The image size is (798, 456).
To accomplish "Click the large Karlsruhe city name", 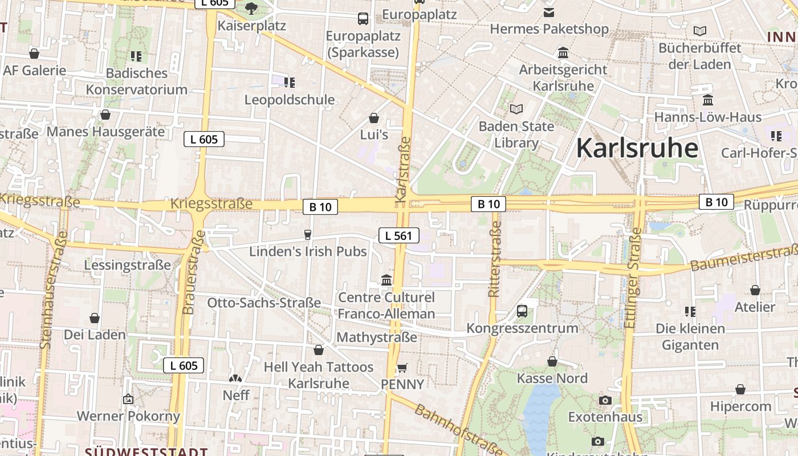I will [637, 148].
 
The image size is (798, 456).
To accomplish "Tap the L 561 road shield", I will [399, 235].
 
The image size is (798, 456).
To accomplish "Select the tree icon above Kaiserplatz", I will [251, 9].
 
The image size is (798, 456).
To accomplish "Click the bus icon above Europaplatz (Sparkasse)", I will [363, 19].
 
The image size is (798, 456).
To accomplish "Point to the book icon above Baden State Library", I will [516, 109].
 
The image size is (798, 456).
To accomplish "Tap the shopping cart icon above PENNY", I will [402, 368].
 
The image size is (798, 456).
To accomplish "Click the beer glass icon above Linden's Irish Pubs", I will [308, 234].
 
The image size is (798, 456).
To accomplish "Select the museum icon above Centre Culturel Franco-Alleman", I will [386, 280].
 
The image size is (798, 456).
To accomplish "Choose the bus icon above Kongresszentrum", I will [522, 311].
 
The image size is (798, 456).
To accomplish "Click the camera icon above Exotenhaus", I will [605, 400].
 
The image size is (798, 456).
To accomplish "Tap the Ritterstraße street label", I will [494, 259].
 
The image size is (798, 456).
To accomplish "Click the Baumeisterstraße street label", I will [744, 258].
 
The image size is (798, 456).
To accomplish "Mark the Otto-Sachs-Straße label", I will [264, 303].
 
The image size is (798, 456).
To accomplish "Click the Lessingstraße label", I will [127, 265].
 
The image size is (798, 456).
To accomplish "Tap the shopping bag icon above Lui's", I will [374, 118].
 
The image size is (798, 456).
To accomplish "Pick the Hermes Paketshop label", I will [549, 29].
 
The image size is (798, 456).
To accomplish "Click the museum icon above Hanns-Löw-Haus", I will [708, 100].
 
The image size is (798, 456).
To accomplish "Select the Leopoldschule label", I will [290, 100].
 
